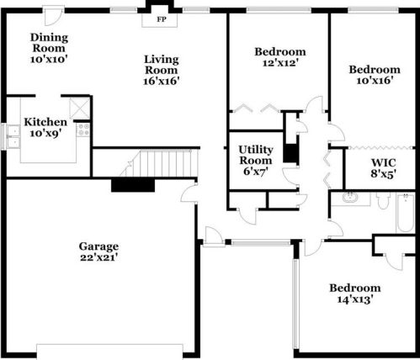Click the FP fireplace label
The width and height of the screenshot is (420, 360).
click(x=161, y=19)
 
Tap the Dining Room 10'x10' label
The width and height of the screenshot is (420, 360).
click(x=49, y=48)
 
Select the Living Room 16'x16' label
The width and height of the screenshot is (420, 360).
click(x=162, y=70)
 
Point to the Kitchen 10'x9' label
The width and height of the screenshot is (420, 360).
click(x=45, y=127)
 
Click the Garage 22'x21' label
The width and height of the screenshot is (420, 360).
click(x=98, y=251)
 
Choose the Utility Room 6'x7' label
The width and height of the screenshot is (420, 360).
click(x=255, y=160)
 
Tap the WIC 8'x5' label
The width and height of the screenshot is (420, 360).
click(x=383, y=168)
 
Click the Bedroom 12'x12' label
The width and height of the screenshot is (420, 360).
click(x=280, y=57)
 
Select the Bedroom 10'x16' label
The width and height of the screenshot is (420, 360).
click(x=375, y=75)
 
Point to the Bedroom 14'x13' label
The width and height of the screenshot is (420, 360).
click(x=355, y=294)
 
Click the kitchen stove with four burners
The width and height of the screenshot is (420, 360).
click(x=83, y=130)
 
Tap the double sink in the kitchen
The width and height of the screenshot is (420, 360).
click(x=13, y=136)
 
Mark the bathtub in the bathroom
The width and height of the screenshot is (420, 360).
click(x=406, y=213)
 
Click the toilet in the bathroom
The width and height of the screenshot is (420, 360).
click(x=383, y=200)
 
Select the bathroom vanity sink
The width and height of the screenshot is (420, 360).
click(x=350, y=197)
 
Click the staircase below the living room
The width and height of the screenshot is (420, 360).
click(x=159, y=163)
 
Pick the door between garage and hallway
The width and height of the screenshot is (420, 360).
click(x=189, y=193)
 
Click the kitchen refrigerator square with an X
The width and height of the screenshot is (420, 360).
click(x=80, y=108)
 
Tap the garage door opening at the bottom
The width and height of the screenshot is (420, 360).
click(x=109, y=352)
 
